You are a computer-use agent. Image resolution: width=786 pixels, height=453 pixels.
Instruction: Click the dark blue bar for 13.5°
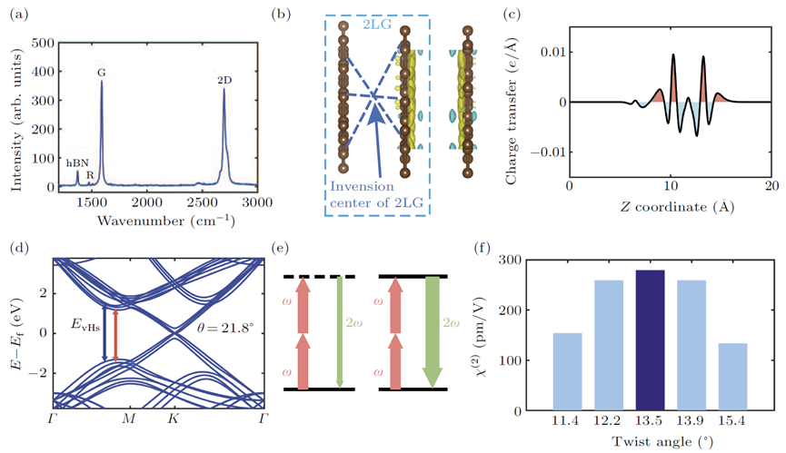pos(651,340)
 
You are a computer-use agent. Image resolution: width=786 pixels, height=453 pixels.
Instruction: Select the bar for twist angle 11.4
pos(567,372)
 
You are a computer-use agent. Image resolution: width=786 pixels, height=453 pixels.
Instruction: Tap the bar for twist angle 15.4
pos(732,377)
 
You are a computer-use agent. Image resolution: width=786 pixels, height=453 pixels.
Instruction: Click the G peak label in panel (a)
pos(101,74)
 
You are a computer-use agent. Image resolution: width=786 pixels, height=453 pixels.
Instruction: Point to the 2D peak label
pos(224,80)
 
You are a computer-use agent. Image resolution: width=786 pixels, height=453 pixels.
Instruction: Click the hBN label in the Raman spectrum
pos(77,163)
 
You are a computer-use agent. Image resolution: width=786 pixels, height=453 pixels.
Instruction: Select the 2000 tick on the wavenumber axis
pos(147,202)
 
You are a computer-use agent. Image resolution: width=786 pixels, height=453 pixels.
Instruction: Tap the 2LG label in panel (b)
pos(377,24)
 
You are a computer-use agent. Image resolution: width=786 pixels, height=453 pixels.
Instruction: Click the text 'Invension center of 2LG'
pos(376,194)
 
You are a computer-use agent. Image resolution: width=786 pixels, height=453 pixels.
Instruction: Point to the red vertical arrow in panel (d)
pos(115,335)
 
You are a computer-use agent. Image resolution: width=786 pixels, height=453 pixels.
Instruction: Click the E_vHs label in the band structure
pos(85,326)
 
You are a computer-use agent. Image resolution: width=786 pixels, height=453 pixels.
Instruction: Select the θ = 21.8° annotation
pos(226,329)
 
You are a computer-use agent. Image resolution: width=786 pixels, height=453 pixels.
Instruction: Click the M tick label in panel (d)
pos(129,419)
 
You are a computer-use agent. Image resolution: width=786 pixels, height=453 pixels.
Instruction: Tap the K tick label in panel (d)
pos(173,419)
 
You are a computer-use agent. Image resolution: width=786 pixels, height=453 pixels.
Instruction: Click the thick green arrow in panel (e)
pos(433,332)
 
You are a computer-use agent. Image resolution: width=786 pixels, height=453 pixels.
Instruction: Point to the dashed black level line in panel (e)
pos(319,277)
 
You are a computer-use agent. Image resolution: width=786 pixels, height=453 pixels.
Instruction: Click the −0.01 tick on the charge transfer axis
pos(548,153)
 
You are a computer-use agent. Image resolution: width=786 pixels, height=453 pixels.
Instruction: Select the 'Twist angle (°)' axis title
pos(662,441)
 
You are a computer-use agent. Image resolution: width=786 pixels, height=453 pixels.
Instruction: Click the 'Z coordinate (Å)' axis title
pos(677,207)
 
